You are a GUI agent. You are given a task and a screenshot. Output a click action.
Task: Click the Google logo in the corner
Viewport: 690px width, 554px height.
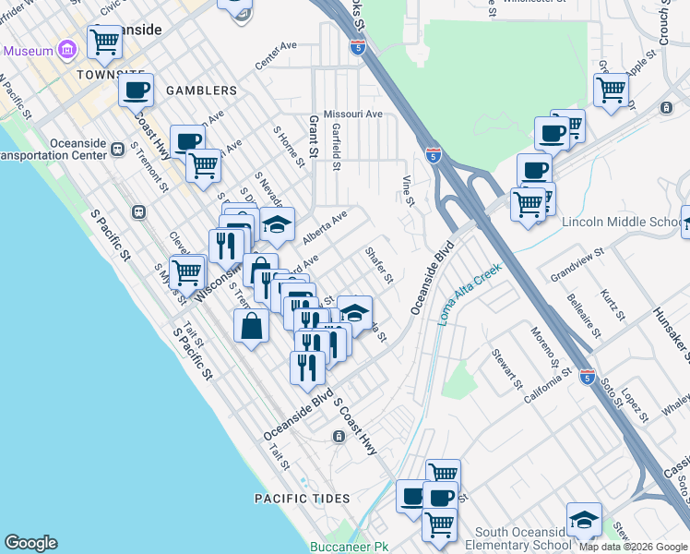(x=30, y=543)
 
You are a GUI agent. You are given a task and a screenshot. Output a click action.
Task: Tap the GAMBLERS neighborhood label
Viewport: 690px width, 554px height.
(x=201, y=90)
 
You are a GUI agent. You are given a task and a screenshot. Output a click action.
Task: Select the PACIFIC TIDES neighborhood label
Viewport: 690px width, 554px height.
(x=303, y=499)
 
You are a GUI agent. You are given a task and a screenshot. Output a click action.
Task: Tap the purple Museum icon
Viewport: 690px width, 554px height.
(x=65, y=48)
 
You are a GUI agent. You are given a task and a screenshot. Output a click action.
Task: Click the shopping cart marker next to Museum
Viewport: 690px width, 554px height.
(x=105, y=41)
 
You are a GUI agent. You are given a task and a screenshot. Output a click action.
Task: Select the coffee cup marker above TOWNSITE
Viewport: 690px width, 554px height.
(x=136, y=90)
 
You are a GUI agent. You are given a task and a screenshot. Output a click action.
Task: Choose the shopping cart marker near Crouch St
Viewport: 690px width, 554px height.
(x=611, y=90)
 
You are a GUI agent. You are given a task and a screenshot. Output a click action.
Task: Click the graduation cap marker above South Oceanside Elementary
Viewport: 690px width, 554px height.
(x=584, y=519)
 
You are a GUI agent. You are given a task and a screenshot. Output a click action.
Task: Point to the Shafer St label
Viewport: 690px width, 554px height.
(x=379, y=265)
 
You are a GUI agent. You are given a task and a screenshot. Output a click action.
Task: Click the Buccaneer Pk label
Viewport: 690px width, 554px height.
(x=350, y=547)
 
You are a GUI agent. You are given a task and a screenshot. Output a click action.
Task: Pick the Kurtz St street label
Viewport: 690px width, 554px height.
(x=612, y=304)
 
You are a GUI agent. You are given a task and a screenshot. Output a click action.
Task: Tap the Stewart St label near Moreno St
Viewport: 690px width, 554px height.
(x=508, y=368)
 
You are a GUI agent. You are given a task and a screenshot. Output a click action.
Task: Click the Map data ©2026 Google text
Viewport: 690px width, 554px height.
(x=633, y=547)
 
